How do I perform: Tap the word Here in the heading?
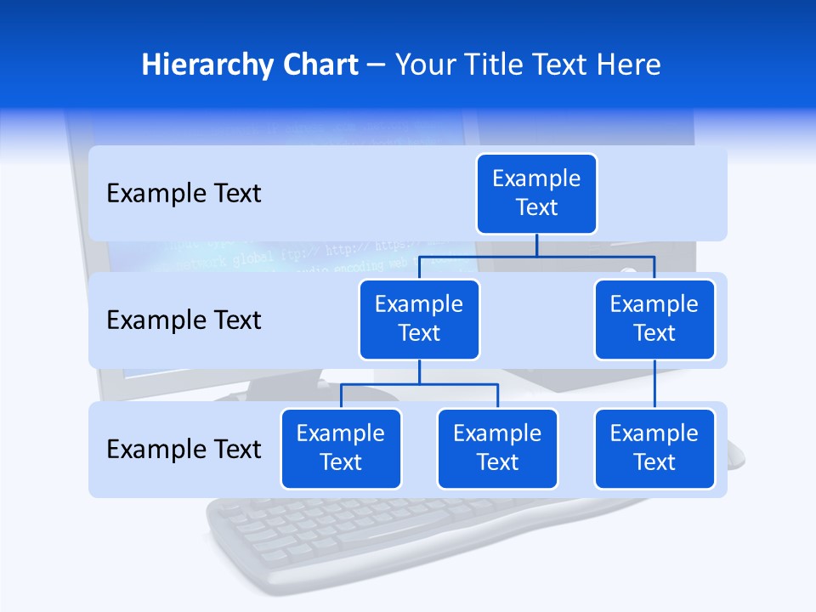point(630,65)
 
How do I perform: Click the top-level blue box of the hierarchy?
point(536,193)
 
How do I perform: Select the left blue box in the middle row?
point(419,319)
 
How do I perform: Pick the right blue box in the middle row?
point(654,319)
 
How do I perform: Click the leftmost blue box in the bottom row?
point(341,448)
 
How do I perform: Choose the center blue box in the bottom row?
point(497,448)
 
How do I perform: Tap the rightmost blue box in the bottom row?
point(654,448)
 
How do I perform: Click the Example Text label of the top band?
point(184,194)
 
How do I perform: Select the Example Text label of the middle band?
point(184,320)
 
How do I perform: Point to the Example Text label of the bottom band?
point(184,449)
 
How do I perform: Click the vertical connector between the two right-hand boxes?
point(654,384)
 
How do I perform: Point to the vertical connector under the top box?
point(536,245)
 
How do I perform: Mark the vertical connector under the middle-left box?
point(419,372)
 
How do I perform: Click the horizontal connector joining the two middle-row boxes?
point(536,256)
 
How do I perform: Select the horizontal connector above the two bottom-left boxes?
point(419,384)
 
